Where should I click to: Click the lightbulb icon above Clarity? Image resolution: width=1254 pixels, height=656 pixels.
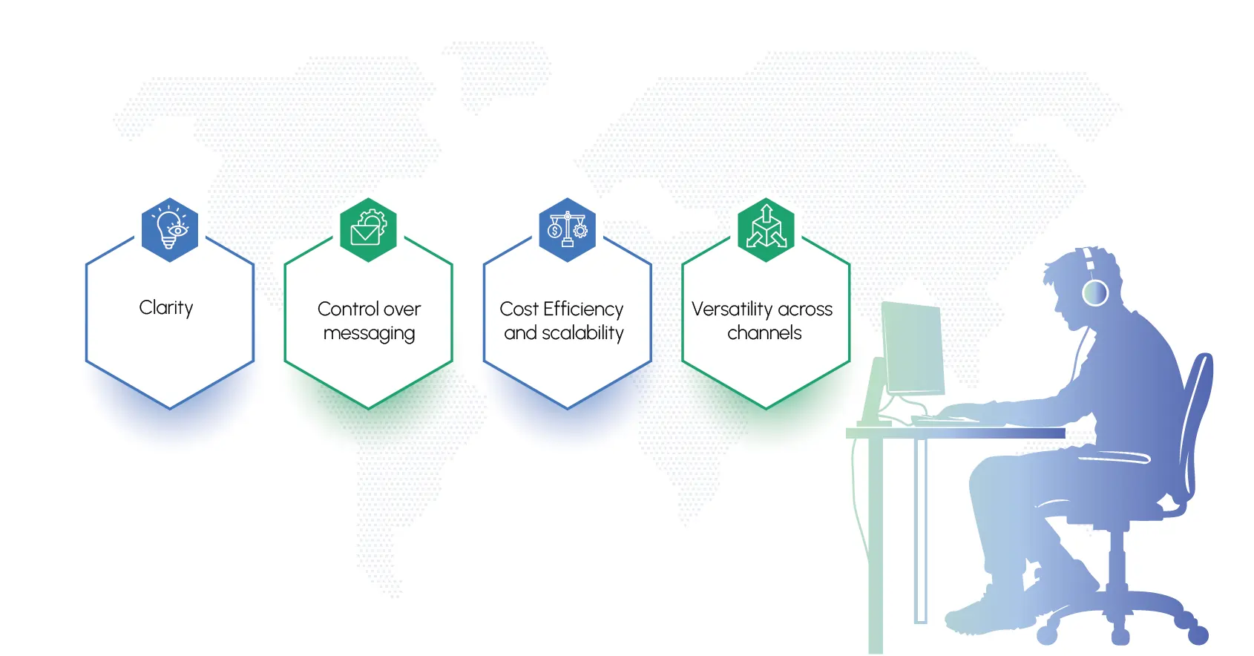tap(170, 230)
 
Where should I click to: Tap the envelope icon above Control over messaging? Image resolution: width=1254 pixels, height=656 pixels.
tap(368, 230)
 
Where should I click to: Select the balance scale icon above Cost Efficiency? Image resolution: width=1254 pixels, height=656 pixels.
tap(568, 230)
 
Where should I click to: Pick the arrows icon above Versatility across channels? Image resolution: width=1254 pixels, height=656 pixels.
tap(766, 230)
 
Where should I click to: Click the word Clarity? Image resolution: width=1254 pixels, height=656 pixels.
tap(166, 308)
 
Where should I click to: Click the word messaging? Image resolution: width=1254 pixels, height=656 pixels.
tap(369, 334)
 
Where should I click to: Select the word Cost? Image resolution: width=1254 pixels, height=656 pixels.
tap(519, 309)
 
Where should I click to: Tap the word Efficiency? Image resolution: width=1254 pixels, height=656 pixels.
tap(583, 309)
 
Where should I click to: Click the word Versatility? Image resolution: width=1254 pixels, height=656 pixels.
tap(732, 309)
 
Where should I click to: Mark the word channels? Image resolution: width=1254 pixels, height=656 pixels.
tap(764, 333)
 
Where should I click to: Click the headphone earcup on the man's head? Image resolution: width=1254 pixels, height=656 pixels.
tap(1095, 292)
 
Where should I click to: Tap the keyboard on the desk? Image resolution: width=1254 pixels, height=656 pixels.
tap(939, 419)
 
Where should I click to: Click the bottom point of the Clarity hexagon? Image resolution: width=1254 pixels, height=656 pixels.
tap(170, 408)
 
